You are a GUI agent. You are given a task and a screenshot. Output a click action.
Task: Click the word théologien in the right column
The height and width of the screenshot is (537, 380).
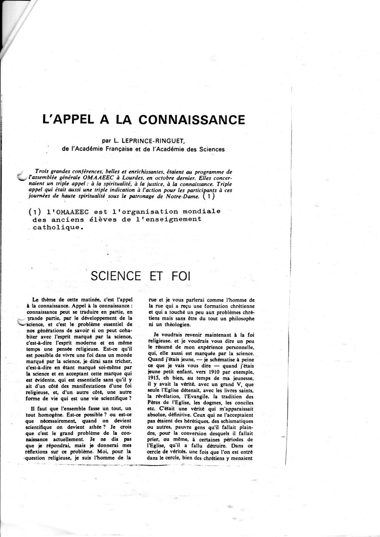(174, 324)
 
